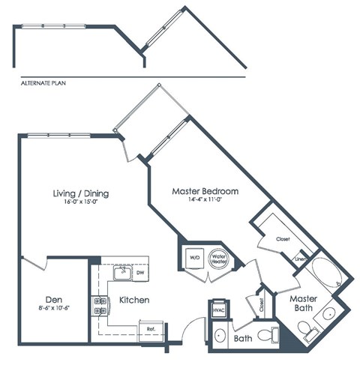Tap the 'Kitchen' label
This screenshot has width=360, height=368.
pos(133,300)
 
